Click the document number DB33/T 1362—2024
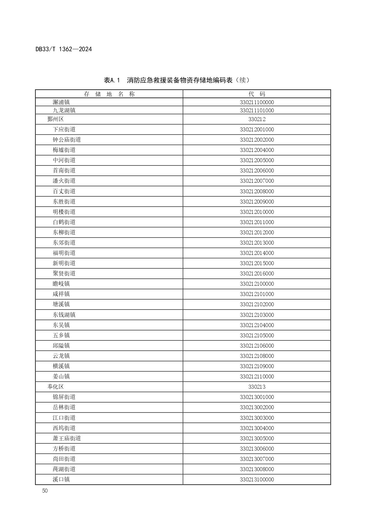pos(63,49)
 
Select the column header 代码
pos(257,94)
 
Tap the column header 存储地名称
pos(109,94)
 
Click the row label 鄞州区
pos(56,119)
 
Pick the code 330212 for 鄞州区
pos(257,119)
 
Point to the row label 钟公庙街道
pos(67,140)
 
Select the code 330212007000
pos(257,181)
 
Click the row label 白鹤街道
pos(64,222)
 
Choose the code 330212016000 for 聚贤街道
pos(257,274)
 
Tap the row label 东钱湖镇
pos(64,315)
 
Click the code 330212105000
pos(257,335)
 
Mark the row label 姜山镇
pos(61,376)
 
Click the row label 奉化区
pos(56,387)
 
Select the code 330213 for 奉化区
pos(257,387)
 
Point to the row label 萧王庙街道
pos(67,438)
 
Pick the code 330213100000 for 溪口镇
pos(257,479)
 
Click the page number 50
pos(45,491)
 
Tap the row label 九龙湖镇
pos(64,111)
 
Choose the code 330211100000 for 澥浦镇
pos(257,102)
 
